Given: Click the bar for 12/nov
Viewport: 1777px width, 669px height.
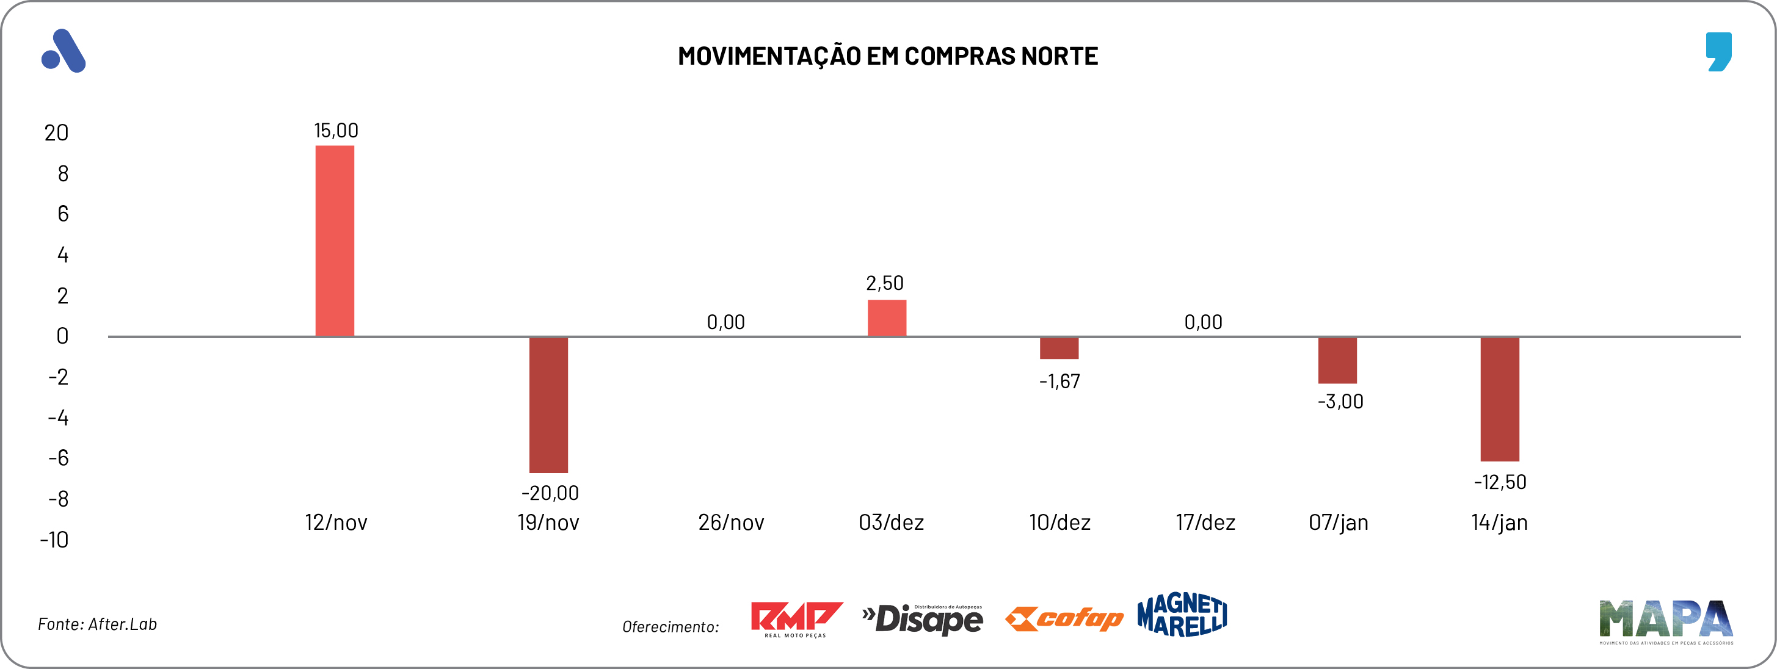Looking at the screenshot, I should click(x=335, y=240).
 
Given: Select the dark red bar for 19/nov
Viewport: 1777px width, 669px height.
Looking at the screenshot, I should click(x=548, y=405).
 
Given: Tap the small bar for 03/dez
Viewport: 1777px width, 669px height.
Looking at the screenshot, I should click(x=887, y=318).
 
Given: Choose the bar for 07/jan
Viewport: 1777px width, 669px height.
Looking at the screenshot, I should click(x=1337, y=360).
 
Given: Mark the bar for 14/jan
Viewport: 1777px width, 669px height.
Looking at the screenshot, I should click(x=1500, y=399).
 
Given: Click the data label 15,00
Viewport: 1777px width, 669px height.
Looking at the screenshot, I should click(x=336, y=131).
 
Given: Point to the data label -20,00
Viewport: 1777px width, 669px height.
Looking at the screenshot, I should click(x=550, y=493).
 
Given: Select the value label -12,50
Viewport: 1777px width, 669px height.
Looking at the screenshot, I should click(x=1500, y=482).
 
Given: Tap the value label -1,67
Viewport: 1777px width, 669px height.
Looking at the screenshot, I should click(x=1059, y=381).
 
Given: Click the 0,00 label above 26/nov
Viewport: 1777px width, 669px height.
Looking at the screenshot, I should click(x=725, y=322).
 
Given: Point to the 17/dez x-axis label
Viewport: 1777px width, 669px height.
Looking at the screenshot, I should click(x=1205, y=522).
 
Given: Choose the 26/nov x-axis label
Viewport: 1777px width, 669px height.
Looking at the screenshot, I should click(x=730, y=522).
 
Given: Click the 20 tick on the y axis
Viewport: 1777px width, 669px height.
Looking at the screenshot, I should click(x=57, y=132).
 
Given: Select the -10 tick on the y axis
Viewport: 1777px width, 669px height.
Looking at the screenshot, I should click(x=54, y=540).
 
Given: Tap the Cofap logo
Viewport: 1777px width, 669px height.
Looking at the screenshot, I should click(x=1064, y=619).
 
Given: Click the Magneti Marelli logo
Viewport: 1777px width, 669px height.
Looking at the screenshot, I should click(x=1182, y=615).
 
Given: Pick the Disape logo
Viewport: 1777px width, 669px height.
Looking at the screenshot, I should click(x=922, y=619).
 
